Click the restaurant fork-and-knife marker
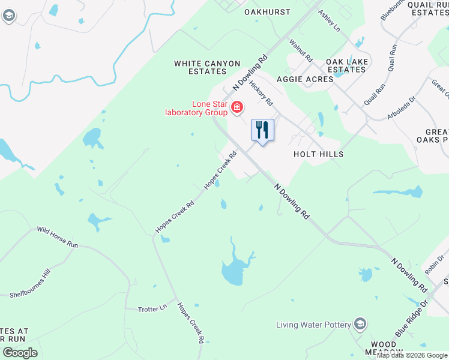click(262, 130)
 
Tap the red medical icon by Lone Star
click(237, 107)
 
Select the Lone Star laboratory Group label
click(197, 107)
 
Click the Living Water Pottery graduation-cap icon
click(360, 325)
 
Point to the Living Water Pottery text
click(313, 325)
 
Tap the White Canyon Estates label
click(207, 67)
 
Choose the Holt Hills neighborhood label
click(318, 154)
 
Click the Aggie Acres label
click(305, 79)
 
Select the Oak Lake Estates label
click(346, 65)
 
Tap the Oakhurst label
click(267, 12)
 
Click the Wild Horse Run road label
click(58, 237)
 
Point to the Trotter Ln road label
click(152, 308)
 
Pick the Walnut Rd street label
click(301, 50)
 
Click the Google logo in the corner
click(20, 353)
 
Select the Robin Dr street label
click(433, 262)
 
